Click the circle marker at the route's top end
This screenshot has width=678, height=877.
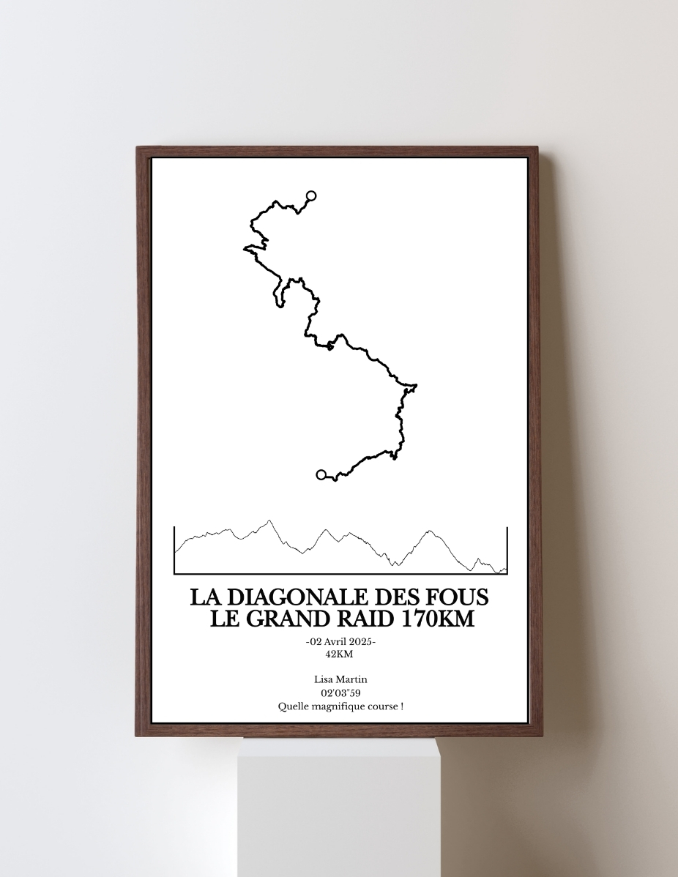tap(311, 195)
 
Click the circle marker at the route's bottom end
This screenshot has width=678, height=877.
tap(321, 474)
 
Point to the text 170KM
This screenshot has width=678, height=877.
tap(437, 619)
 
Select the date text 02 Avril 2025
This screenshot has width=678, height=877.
tap(340, 642)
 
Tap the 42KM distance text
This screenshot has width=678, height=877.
tap(339, 654)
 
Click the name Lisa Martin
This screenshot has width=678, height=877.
tap(340, 680)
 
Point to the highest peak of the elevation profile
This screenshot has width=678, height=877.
tap(269, 521)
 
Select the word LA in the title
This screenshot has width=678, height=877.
tap(201, 597)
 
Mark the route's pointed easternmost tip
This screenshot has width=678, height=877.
tap(416, 385)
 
